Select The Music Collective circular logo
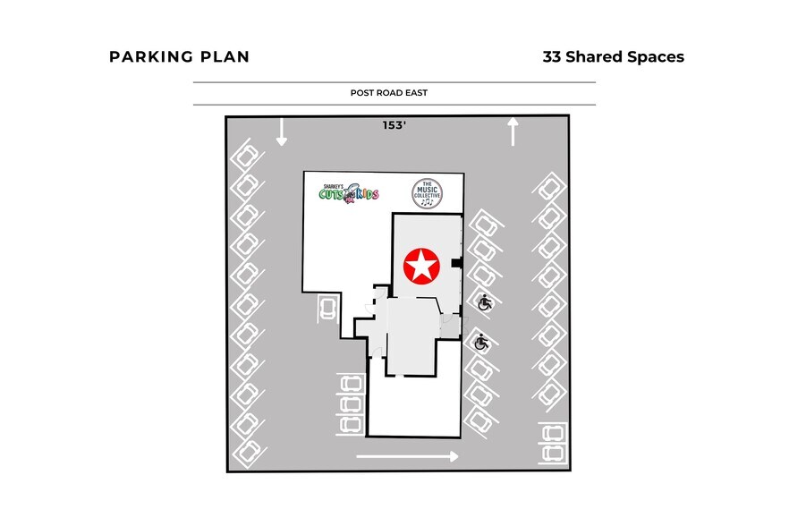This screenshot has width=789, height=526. click(427, 193)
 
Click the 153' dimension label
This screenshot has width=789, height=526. click(395, 126)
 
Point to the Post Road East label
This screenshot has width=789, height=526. click(394, 93)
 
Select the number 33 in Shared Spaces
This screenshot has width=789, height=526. click(553, 57)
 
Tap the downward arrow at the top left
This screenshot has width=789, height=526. click(281, 132)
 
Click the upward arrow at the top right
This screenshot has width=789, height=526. click(513, 131)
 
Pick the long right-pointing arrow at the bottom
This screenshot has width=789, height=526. click(407, 456)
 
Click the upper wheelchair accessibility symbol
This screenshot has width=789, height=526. click(484, 303)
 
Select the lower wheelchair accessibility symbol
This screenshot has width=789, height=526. click(481, 342)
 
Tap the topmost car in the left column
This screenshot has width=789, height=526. click(245, 158)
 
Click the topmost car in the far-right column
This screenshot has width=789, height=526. click(549, 189)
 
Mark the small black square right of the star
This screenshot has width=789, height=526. click(456, 263)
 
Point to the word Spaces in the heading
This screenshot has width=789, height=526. click(654, 57)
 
